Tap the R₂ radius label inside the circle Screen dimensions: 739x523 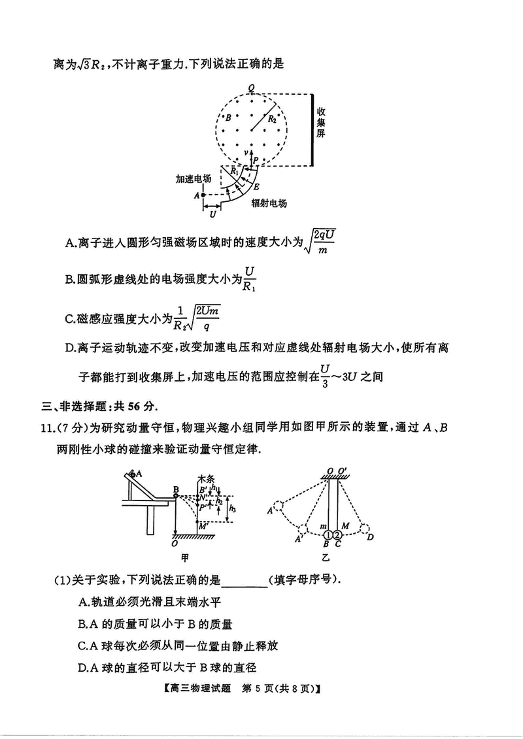point(272,120)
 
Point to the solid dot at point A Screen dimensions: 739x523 point(203,195)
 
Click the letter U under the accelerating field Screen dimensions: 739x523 point(212,214)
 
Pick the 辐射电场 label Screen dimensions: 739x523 point(269,204)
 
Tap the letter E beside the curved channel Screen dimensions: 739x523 point(257,186)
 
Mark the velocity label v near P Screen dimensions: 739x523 point(246,152)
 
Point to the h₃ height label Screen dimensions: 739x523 point(233,508)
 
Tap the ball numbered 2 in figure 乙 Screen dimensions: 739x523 point(338,530)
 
